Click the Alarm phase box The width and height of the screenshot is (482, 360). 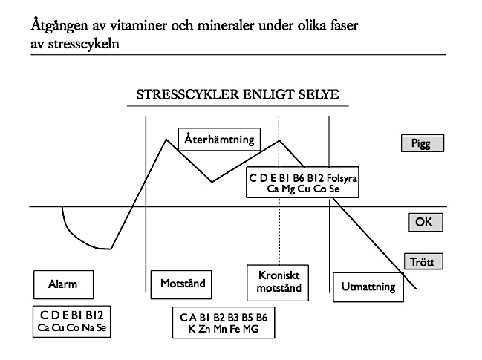(64, 284)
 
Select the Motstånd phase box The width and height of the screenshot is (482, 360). (181, 284)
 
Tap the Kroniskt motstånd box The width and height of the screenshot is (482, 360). (278, 283)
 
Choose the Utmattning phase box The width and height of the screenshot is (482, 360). (368, 287)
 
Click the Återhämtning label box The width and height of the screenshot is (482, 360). (219, 140)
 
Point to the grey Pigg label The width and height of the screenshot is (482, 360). (423, 143)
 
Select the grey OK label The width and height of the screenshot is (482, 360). (426, 222)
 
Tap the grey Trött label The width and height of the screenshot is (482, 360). (423, 261)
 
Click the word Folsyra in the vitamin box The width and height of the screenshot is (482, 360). (342, 178)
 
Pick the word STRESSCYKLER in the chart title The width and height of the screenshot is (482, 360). (188, 94)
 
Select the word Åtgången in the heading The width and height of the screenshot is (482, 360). (59, 26)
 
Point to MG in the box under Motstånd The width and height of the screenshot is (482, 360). (251, 329)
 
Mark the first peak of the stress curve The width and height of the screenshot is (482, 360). (166, 140)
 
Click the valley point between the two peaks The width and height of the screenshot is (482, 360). (212, 182)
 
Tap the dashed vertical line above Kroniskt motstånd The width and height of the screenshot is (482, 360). (279, 190)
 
